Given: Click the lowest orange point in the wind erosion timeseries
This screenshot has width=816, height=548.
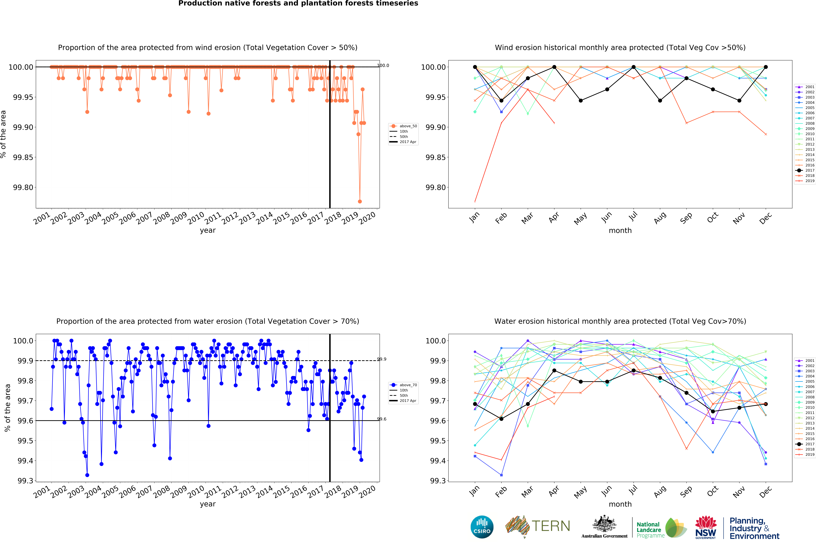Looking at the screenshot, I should coord(360,201).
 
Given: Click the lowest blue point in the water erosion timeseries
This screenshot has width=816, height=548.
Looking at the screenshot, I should coord(87,475).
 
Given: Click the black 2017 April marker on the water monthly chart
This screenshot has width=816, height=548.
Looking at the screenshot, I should coord(554,370).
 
